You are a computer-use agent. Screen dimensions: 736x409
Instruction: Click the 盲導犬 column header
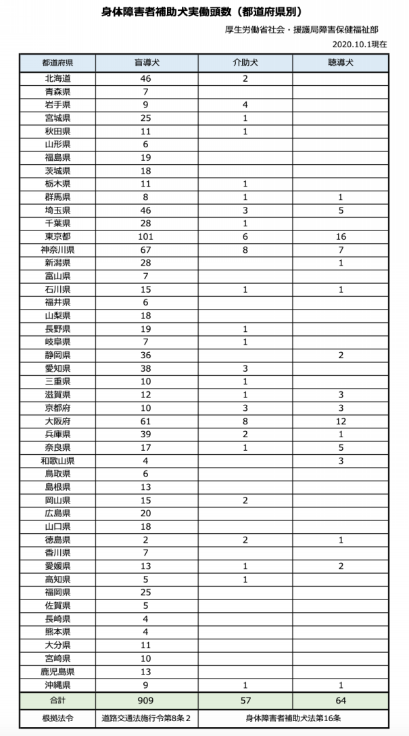click(x=146, y=63)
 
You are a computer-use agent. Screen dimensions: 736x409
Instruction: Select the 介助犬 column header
click(x=245, y=63)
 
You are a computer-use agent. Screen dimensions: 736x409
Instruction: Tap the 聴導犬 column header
click(x=340, y=63)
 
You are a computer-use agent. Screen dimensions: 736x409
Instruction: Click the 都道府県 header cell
click(x=57, y=63)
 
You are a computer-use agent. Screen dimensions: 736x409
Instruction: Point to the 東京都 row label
click(x=57, y=237)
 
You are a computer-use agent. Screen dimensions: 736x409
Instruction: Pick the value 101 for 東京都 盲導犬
click(x=146, y=237)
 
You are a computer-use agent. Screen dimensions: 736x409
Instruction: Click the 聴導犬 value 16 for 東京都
click(x=340, y=237)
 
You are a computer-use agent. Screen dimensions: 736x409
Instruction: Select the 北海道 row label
click(x=57, y=78)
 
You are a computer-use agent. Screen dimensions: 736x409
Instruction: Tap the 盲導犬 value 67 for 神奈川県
click(x=146, y=249)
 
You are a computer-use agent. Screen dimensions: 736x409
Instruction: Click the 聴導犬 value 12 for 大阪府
click(x=340, y=420)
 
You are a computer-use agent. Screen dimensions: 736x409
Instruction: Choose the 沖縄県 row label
click(x=57, y=684)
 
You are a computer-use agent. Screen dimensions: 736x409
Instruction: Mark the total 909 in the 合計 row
click(x=146, y=700)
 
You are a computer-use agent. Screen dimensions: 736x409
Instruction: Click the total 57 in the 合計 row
click(x=245, y=700)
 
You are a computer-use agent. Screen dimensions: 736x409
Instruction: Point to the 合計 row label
click(x=57, y=700)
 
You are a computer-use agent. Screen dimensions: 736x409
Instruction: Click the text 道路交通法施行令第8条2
click(x=146, y=718)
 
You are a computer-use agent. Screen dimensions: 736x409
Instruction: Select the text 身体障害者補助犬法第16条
click(x=293, y=718)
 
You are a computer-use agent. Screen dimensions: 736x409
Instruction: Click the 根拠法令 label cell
click(x=57, y=718)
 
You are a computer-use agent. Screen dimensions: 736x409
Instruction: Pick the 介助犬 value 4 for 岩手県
click(x=245, y=105)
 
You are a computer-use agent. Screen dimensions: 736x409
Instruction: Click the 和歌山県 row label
click(x=57, y=460)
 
